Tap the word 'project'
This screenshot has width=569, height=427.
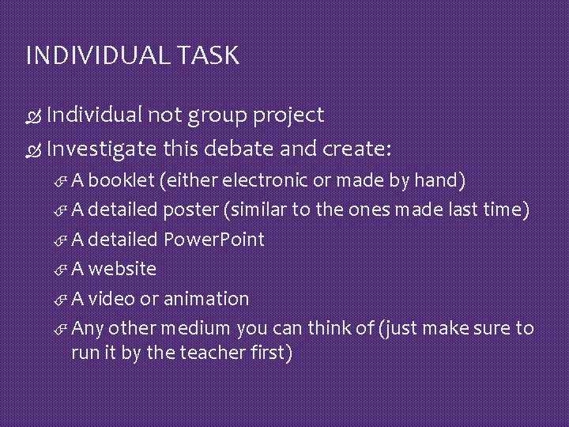pos(288,116)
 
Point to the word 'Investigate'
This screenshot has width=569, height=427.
pos(101,149)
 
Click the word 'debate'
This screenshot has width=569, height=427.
pos(233,149)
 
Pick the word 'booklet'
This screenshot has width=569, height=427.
pos(122,180)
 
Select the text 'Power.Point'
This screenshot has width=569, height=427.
pos(213,239)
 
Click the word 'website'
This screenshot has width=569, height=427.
pos(122,269)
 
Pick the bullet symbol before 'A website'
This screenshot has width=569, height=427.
pos(62,270)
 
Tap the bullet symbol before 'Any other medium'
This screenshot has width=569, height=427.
pos(62,329)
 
